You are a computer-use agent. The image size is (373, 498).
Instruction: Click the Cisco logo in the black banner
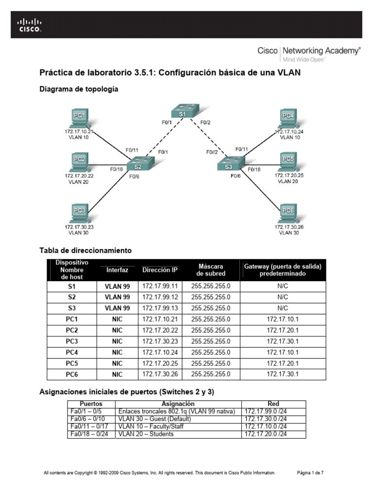[30, 25]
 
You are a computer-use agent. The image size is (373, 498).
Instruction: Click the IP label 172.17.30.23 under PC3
[79, 227]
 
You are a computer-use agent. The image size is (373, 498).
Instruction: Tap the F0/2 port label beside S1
[205, 123]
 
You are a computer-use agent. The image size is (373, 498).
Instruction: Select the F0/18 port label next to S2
[117, 169]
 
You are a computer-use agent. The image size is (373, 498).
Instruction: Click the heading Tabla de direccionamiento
[85, 250]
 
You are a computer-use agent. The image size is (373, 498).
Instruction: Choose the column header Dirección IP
[160, 270]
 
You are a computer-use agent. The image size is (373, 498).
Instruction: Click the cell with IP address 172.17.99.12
[160, 297]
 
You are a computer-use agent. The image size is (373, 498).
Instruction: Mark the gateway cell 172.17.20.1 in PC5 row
[283, 363]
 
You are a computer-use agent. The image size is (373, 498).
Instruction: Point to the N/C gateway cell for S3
[283, 308]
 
